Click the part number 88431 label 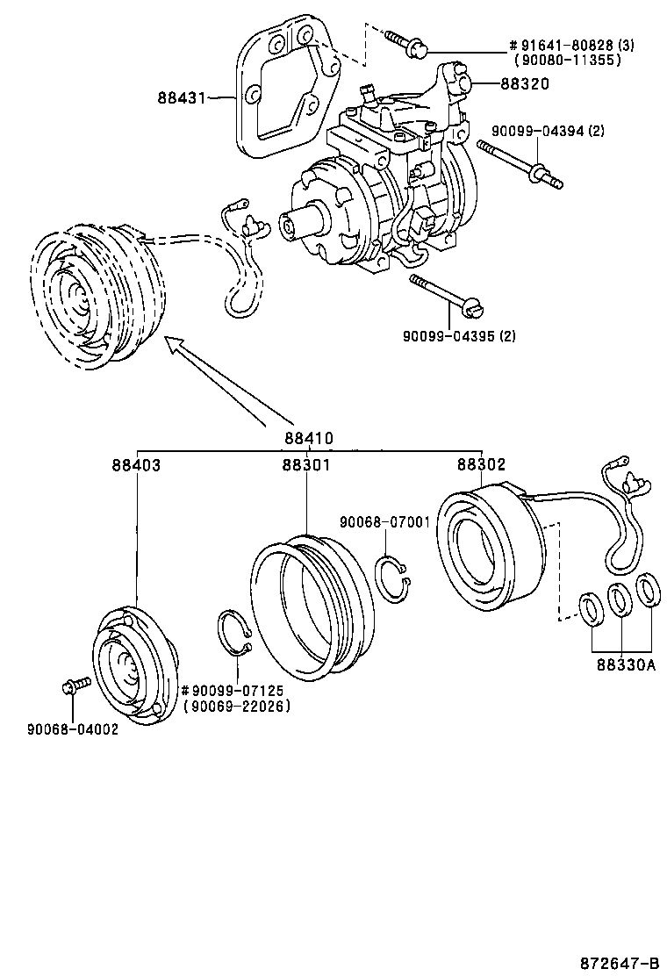pos(181,97)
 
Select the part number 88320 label pos(524,84)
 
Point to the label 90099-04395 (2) pos(459,335)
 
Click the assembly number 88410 pos(308,438)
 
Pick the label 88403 pos(136,465)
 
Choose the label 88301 pos(306,465)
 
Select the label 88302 pos(481,465)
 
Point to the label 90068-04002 pos(73,728)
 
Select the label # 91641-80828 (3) pos(568,46)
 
